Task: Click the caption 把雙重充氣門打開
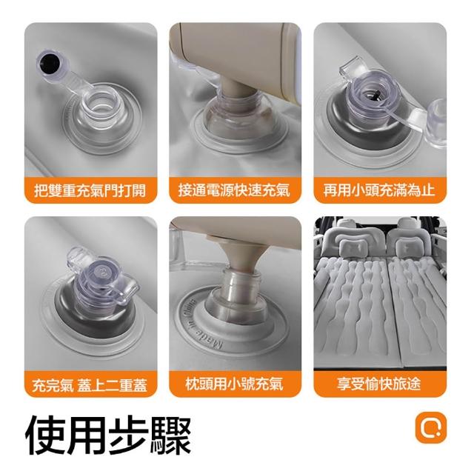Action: [x=90, y=190]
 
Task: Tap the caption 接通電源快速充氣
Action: [x=234, y=190]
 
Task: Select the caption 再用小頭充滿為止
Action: [x=379, y=190]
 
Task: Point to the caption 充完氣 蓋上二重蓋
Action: [x=90, y=385]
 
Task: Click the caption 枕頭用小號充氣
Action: [x=234, y=384]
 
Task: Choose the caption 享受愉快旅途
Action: [x=379, y=384]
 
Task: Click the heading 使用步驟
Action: [x=108, y=435]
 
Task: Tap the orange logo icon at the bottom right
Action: [x=431, y=427]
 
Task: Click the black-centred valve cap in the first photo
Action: [x=50, y=65]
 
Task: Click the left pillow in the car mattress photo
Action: [x=353, y=247]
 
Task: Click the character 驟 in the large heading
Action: [x=171, y=435]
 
